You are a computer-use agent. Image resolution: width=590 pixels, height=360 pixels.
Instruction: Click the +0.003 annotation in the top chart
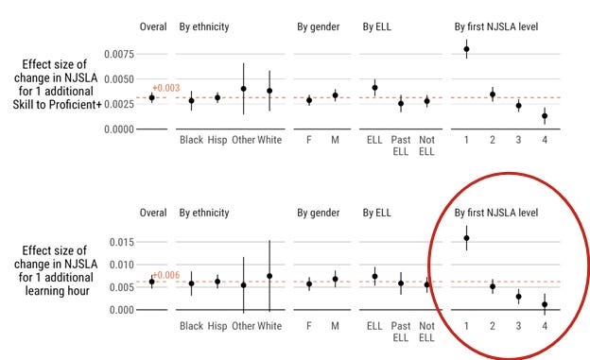point(166,88)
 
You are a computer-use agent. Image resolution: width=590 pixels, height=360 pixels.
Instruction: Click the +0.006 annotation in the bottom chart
point(166,275)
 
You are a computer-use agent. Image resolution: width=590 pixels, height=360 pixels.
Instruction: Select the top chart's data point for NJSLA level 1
point(466,49)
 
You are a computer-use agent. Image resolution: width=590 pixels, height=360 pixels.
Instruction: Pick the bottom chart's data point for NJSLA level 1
point(466,238)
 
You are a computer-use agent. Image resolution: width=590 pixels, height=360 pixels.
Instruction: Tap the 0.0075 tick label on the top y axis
point(119,54)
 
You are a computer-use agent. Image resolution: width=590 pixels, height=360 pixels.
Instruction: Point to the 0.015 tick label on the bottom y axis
point(122,242)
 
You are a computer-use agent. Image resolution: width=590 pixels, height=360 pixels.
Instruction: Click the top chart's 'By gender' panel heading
point(319,27)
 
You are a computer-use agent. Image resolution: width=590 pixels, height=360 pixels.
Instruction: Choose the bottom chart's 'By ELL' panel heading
point(376,213)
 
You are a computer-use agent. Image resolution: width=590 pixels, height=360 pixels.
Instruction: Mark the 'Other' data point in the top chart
point(243,89)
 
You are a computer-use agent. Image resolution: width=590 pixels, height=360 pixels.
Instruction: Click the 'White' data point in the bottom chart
point(269,276)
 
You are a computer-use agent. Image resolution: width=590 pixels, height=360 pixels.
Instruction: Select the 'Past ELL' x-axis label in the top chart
point(401,146)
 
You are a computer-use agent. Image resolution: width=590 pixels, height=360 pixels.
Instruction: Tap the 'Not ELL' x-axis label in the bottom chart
point(426,332)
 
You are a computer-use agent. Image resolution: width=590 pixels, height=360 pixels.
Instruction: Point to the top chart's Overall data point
point(151,98)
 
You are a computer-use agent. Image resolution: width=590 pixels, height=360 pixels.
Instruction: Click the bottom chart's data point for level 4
point(545,304)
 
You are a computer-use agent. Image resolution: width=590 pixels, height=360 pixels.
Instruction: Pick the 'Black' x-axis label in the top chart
point(192,140)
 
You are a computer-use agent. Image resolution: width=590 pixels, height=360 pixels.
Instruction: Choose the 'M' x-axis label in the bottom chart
point(335,326)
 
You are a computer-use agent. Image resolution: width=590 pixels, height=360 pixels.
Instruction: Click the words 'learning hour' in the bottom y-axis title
point(57,291)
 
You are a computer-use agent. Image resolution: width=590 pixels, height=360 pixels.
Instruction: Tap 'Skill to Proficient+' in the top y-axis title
point(57,105)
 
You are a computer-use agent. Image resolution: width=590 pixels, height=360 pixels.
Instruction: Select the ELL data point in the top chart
point(374,88)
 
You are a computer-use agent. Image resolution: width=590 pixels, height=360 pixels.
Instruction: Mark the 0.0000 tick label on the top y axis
point(119,129)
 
